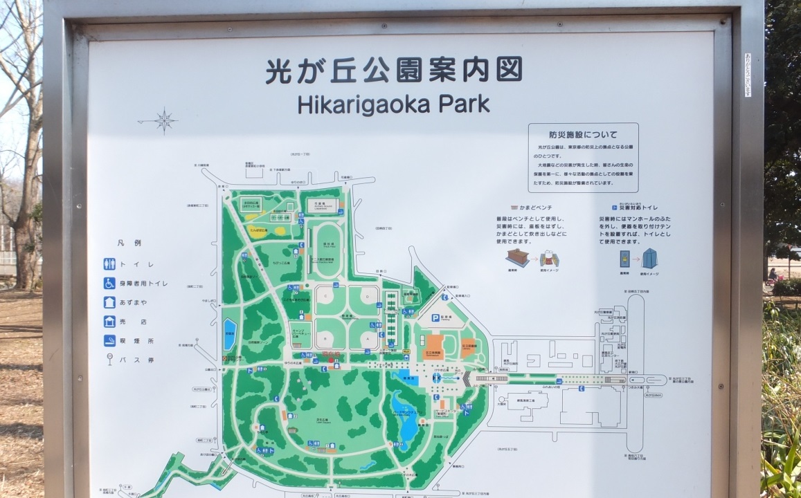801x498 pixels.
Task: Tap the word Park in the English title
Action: point(465,104)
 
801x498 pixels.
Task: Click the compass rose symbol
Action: point(165,120)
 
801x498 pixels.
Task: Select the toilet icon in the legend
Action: point(109,264)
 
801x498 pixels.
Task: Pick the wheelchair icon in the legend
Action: point(109,283)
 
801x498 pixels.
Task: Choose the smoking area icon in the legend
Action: point(109,340)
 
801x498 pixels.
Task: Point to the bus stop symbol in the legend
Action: point(109,360)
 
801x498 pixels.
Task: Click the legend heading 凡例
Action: point(129,243)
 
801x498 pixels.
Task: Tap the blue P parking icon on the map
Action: point(435,318)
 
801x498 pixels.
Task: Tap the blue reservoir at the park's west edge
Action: point(229,334)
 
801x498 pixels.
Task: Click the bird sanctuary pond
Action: point(404,415)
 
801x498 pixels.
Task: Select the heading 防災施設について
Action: point(583,135)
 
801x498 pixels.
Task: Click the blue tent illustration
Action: point(649,259)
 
